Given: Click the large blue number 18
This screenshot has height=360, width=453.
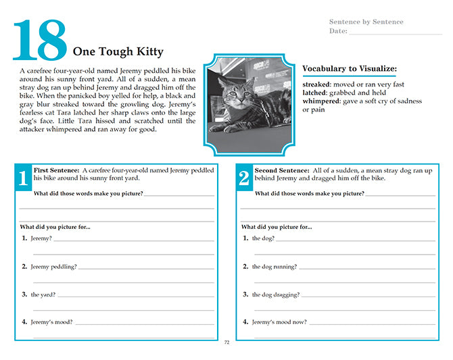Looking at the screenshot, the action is (40, 40).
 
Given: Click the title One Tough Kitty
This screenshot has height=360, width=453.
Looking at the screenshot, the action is (118, 52).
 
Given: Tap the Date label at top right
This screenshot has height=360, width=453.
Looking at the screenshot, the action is (338, 31).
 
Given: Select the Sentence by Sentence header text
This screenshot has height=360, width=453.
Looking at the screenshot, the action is (366, 22).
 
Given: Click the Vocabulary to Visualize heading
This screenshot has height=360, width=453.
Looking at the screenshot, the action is (350, 68).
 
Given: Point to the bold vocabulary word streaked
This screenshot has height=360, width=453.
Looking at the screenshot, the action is (316, 84).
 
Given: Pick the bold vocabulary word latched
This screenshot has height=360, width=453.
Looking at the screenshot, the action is (315, 93).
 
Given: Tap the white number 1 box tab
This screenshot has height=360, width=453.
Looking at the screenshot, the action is (23, 178).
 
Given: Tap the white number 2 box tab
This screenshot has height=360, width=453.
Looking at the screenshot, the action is (244, 178).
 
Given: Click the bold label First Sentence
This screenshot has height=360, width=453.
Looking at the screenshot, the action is (56, 170).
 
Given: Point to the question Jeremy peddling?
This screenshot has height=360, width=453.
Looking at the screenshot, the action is (53, 267).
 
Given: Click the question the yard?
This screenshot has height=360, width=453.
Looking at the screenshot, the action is (43, 294).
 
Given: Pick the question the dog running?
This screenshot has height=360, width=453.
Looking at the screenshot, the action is (275, 267).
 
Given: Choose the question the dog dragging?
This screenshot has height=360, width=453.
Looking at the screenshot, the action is (276, 294).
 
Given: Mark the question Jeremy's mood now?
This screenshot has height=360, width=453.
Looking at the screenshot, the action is (279, 322).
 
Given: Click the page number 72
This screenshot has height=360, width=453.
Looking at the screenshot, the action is (226, 342).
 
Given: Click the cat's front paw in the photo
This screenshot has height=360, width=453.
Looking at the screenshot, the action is (220, 128).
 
